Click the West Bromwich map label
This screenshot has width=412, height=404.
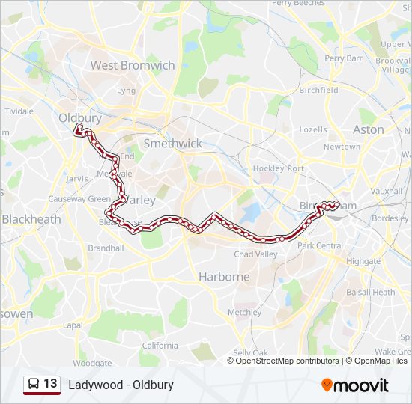pyautogui.click(x=133, y=65)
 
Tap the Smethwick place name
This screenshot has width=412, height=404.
pyautogui.click(x=172, y=143)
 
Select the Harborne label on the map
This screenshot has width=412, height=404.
pyautogui.click(x=224, y=277)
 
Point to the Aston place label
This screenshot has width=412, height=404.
pyautogui.click(x=368, y=129)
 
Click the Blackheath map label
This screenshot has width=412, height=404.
pyautogui.click(x=31, y=219)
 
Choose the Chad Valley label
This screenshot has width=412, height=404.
pyautogui.click(x=256, y=254)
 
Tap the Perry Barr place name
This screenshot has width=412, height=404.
pyautogui.click(x=344, y=58)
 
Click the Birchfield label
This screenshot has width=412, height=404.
pyautogui.click(x=318, y=90)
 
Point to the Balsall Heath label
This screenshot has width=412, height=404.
pyautogui.click(x=373, y=292)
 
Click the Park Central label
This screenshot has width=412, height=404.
pyautogui.click(x=320, y=245)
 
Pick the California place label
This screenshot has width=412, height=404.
pyautogui.click(x=160, y=345)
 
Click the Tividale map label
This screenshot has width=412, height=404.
pyautogui.click(x=19, y=111)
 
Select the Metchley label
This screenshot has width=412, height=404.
pyautogui.click(x=244, y=312)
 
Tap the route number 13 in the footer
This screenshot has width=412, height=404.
pyautogui.click(x=50, y=384)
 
